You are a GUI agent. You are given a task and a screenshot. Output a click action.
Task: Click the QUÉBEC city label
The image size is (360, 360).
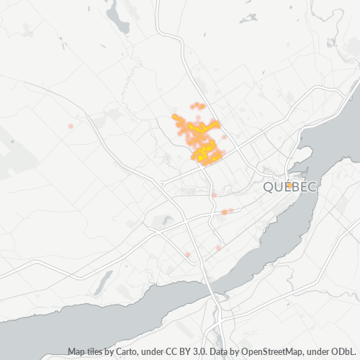click(x=289, y=187)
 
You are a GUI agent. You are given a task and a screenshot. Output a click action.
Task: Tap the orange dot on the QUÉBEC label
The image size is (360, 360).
click(x=289, y=185)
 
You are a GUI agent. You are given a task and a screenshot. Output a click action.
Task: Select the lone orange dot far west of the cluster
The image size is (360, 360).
click(x=71, y=126)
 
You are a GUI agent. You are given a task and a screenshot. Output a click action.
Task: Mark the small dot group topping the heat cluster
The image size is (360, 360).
click(x=197, y=106)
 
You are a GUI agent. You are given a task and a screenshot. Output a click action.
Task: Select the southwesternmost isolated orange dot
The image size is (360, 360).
click(x=187, y=254)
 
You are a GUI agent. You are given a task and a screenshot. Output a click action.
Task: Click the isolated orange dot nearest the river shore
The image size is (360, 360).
click(x=218, y=247)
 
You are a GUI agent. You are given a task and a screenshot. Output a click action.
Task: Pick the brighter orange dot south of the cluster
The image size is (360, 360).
click(x=225, y=212)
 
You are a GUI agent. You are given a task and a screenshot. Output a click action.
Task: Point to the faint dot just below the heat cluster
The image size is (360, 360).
click(x=214, y=194)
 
